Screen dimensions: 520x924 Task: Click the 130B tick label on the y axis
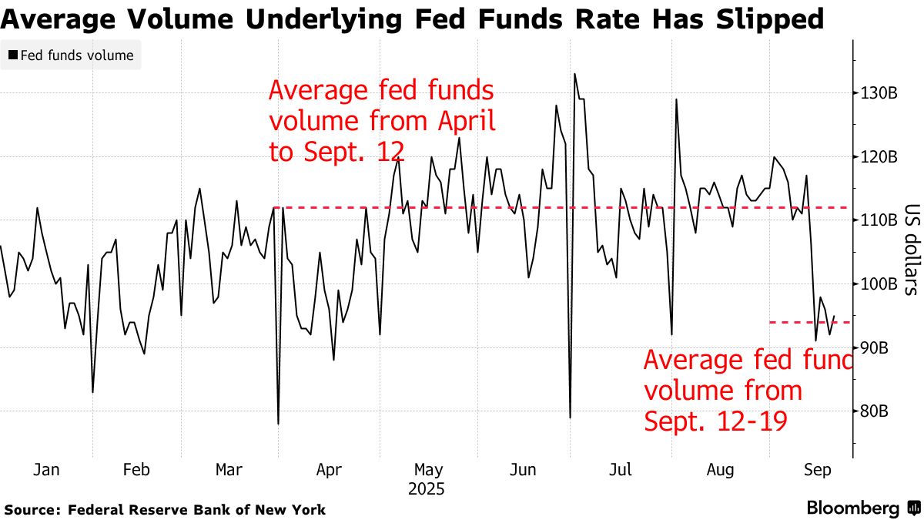(879, 93)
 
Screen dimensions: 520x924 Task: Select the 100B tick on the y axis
(879, 284)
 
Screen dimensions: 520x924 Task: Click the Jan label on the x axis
(48, 470)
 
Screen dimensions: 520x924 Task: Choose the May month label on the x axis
(428, 470)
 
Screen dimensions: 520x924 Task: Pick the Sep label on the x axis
(817, 470)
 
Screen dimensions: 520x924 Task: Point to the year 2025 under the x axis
(428, 488)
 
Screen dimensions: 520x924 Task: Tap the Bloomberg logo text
(852, 508)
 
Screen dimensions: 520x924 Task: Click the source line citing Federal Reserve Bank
(166, 510)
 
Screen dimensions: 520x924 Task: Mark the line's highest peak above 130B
(574, 74)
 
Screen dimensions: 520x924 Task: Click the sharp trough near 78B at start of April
(278, 424)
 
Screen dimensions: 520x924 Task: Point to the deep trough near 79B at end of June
(570, 418)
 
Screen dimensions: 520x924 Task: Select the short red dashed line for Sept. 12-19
(808, 322)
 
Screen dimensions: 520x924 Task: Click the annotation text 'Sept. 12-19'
(715, 421)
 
